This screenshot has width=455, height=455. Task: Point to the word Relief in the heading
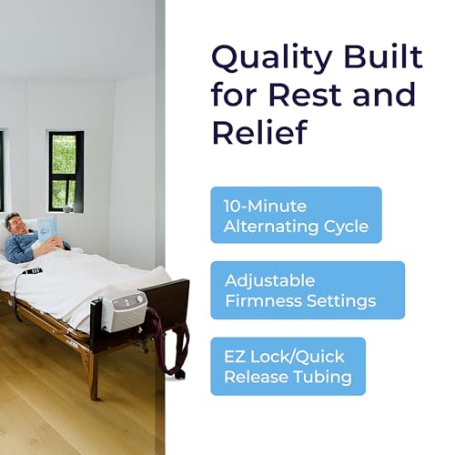[x=258, y=132]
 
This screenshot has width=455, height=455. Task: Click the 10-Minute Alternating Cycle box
[x=296, y=215]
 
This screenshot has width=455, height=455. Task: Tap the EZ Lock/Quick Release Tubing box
[x=288, y=366]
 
